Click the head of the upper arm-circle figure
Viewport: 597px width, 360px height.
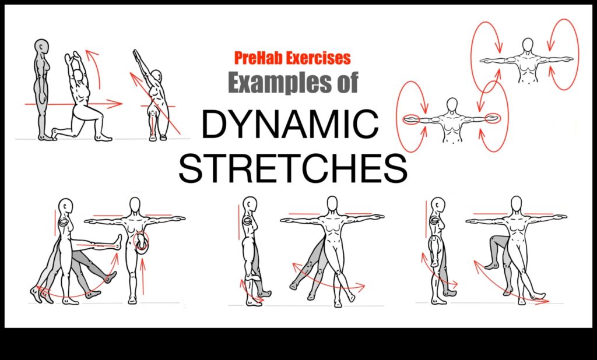click(528, 45)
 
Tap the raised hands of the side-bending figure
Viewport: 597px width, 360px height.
click(137, 54)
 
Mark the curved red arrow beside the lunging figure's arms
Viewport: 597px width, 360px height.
click(92, 65)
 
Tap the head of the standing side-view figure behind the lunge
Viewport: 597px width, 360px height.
click(41, 46)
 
